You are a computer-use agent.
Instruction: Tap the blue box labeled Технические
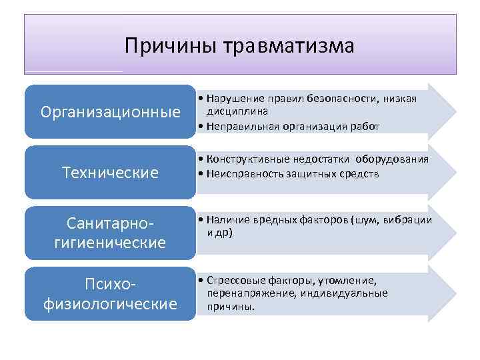tap(111, 173)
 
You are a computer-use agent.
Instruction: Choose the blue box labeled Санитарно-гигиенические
tap(111, 233)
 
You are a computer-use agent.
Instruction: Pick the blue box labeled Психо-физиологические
tap(111, 294)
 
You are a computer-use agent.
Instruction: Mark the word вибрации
tap(409, 220)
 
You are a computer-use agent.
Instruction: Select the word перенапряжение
tap(245, 293)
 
